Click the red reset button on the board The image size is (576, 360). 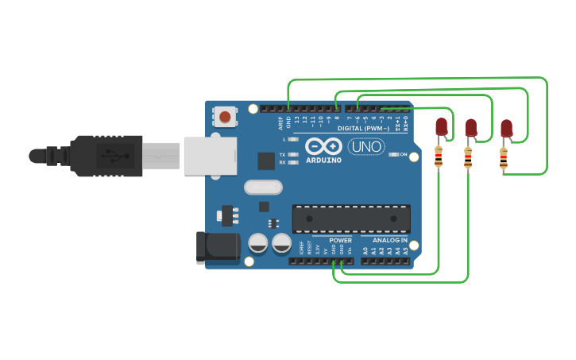coord(225,117)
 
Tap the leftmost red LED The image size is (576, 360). coord(441,127)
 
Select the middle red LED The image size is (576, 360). coord(470,127)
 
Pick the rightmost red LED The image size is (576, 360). coord(506,129)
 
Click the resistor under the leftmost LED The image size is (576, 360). coord(438,157)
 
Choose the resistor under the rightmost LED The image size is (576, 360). coord(503,160)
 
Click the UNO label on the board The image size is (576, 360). coord(366,147)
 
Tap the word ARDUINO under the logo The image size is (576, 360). coord(323,160)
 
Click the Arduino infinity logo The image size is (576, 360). coord(323,147)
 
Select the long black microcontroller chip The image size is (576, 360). coord(351,219)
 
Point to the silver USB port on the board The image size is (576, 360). coord(210,155)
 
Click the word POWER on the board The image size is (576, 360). coord(340,239)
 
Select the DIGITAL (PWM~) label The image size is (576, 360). coord(363,128)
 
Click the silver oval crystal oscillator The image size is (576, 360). coord(262,188)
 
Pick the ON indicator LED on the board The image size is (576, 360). coord(393,154)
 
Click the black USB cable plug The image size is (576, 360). coord(103,155)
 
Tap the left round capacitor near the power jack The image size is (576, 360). coord(257,243)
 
